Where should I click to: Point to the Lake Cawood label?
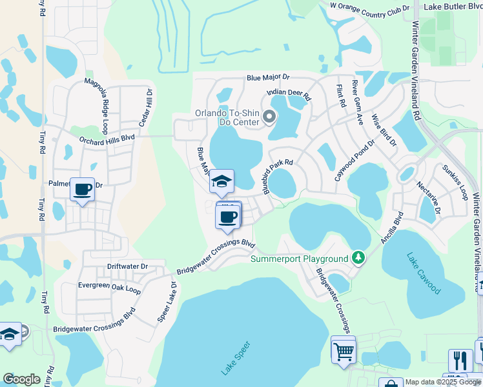tap(424, 273)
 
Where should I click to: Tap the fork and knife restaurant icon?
tap(460, 360)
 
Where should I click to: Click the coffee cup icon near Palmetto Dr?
tap(82, 190)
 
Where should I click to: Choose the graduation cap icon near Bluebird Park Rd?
tap(221, 181)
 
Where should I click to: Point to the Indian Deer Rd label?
tap(290, 96)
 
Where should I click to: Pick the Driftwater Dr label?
tap(127, 266)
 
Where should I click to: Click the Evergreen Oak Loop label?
tap(109, 288)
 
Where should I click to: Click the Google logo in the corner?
tap(21, 379)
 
